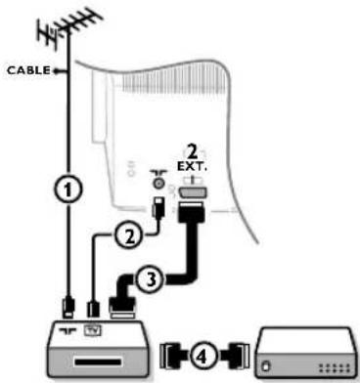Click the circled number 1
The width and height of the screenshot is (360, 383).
[x=66, y=191]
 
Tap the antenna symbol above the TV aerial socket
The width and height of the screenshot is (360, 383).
[x=157, y=167]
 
